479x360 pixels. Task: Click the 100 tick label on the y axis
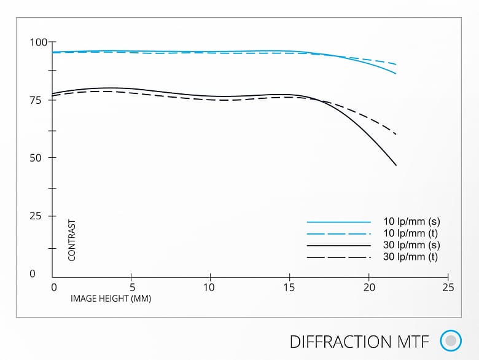point(38,42)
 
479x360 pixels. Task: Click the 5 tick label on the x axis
point(132,287)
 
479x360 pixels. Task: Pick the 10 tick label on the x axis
point(210,287)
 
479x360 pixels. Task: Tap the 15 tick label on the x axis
point(289,287)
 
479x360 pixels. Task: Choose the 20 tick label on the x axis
point(368,287)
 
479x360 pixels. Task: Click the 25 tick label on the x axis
point(448,287)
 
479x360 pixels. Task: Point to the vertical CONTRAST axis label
point(72,240)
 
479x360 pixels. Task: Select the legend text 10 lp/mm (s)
point(411,221)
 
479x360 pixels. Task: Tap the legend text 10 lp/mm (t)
point(410,233)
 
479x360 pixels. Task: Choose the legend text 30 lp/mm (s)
point(411,245)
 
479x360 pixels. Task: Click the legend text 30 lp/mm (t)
point(410,257)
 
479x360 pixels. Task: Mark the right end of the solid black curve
point(396,165)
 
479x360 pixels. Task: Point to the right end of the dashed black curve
point(396,134)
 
